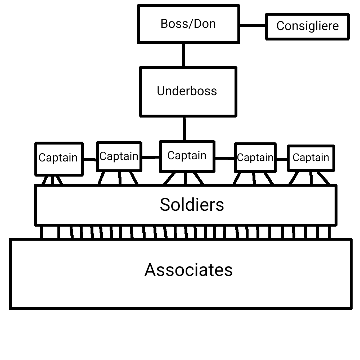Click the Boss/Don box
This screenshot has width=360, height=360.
[188, 24]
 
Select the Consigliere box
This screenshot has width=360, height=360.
[307, 26]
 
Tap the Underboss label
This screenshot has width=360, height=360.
[187, 91]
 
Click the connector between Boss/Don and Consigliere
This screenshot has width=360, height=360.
[253, 25]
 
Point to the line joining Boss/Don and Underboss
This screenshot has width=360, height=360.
[184, 55]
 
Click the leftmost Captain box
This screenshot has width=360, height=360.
[59, 158]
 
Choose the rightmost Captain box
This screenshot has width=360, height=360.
[311, 158]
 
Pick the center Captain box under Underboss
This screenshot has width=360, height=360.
[187, 156]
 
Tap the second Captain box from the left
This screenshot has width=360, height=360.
[119, 156]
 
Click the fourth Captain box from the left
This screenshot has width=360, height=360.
[255, 158]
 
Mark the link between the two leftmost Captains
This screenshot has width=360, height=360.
[90, 160]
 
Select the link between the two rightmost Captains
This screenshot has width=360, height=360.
[282, 159]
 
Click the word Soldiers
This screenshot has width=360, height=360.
[192, 205]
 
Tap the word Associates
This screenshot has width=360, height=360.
[188, 270]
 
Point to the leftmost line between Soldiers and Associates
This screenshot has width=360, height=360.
[42, 232]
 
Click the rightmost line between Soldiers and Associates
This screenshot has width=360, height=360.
[329, 232]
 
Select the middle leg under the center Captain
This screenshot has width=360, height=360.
[186, 178]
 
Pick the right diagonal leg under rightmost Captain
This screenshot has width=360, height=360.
[323, 178]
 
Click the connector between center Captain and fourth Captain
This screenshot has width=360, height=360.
[225, 158]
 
